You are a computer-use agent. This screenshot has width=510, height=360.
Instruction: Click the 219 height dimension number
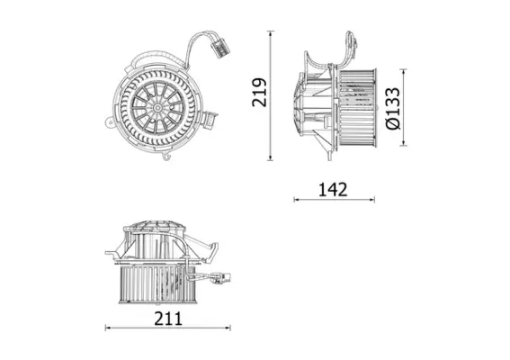coord(260,93)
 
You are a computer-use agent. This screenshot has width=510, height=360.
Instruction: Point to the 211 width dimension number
coord(168,317)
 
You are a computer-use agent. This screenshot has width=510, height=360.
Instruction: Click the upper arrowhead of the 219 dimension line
coord(271,35)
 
